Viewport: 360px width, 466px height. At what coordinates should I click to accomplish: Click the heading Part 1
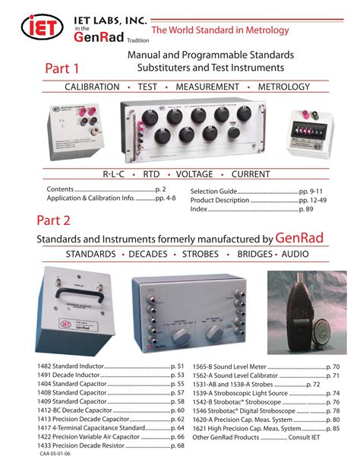tap(59, 68)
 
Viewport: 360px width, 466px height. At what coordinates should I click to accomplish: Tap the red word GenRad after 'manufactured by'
tap(299, 238)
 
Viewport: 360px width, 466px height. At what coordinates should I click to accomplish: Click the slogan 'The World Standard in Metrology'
tap(221, 30)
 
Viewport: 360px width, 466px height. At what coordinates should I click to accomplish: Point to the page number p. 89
tap(311, 207)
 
